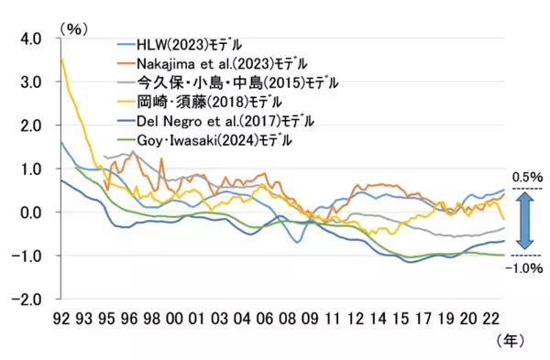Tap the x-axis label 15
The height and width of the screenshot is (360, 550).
click(399, 319)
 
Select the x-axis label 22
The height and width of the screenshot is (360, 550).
click(492, 319)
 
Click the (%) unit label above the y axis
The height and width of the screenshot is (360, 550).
click(72, 28)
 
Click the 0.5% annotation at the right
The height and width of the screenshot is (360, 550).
click(528, 176)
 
